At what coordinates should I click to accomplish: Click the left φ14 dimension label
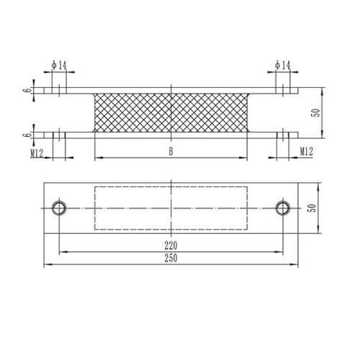[x=59, y=66]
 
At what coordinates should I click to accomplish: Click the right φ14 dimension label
[x=282, y=66]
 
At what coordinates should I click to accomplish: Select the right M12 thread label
[x=305, y=152]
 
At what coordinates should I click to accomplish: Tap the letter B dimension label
[x=171, y=151]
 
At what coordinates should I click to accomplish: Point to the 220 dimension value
[x=171, y=245]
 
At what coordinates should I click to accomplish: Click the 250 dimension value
[x=171, y=258]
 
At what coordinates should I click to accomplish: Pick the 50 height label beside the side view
[x=315, y=114]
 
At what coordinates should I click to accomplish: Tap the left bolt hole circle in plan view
[x=58, y=207]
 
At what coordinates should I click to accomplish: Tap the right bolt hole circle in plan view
[x=284, y=207]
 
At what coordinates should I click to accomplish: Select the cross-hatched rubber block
[x=171, y=113]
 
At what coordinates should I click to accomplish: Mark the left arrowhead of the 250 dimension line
[x=47, y=264]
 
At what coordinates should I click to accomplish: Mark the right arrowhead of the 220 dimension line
[x=282, y=251]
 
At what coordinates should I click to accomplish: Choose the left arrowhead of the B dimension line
[x=97, y=158]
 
